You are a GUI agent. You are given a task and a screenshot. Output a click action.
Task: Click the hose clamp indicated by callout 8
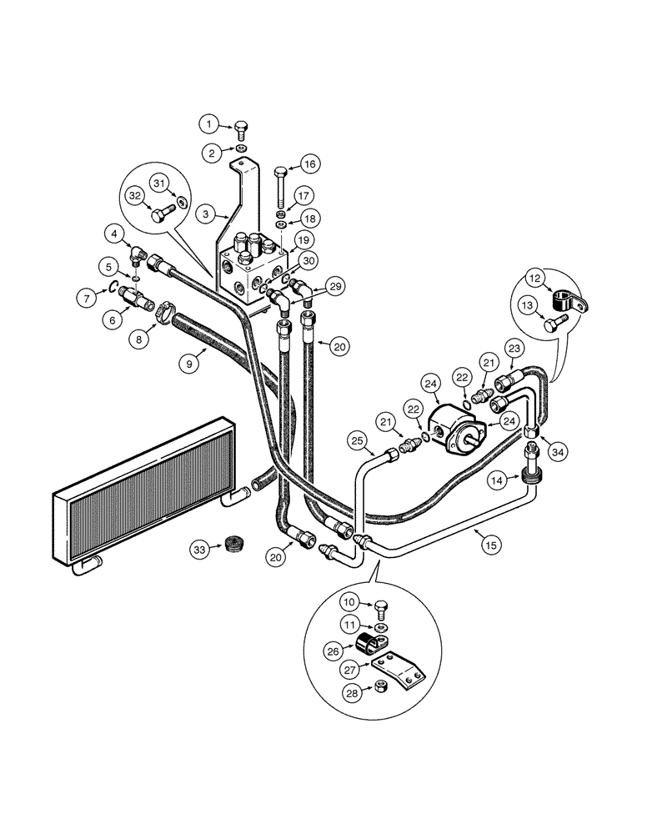pyautogui.click(x=163, y=314)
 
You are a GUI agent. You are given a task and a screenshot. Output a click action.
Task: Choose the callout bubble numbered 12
pyautogui.click(x=534, y=279)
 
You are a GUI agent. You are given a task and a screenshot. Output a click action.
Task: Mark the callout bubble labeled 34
pyautogui.click(x=558, y=451)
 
